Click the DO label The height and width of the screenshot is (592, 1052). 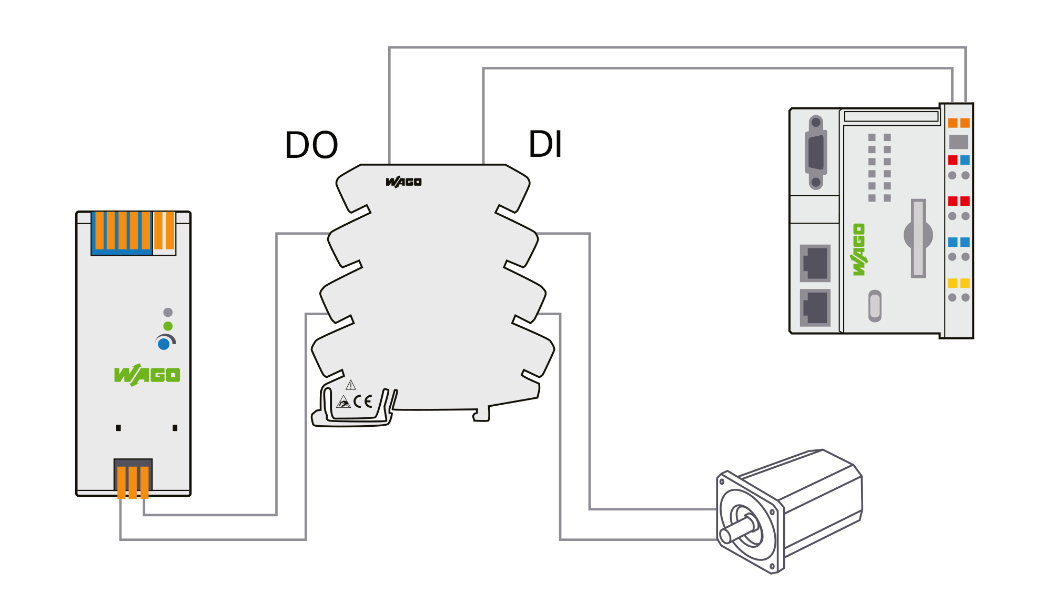coord(311,145)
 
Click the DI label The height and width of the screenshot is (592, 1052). coord(545,144)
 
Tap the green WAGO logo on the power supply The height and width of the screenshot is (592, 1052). coord(147,375)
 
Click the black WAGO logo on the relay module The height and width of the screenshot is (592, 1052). coord(403,182)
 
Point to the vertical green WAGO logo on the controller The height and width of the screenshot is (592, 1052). coord(859,249)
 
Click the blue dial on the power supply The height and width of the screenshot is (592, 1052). coord(164,344)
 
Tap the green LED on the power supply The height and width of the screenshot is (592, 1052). coord(168,326)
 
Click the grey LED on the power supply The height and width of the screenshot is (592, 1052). coord(168,313)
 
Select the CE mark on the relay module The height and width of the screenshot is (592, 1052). coord(363,402)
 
